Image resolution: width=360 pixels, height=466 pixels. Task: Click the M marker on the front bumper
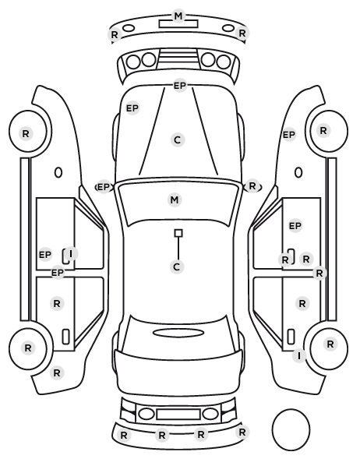(x=178, y=16)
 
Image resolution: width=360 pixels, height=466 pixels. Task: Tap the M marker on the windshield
(x=175, y=199)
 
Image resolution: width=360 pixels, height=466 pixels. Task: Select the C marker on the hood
(x=177, y=139)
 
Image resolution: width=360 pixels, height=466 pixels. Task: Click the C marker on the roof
(x=177, y=267)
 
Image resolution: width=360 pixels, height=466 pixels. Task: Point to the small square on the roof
(x=178, y=233)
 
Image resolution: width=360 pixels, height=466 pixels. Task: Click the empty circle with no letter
(x=291, y=429)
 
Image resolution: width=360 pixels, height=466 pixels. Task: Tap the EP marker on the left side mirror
(x=104, y=187)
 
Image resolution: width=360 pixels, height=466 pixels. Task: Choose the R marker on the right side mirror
(x=252, y=186)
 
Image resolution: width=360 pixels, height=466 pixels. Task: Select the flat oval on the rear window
(x=179, y=333)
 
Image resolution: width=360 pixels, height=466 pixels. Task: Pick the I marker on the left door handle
(x=71, y=254)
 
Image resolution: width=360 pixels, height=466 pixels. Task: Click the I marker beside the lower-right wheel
(x=299, y=355)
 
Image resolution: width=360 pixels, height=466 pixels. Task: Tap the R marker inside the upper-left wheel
(x=26, y=133)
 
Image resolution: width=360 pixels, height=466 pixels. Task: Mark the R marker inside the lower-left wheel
(x=28, y=348)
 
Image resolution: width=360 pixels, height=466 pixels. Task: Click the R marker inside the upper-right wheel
(x=323, y=130)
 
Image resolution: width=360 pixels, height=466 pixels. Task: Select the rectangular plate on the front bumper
(x=178, y=24)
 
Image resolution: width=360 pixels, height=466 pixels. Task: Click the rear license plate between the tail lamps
(x=178, y=415)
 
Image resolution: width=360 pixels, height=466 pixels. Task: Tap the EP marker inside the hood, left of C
(x=132, y=108)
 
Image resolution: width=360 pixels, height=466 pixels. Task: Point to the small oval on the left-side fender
(x=58, y=172)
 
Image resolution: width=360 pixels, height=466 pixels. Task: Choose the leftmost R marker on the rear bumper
(x=124, y=436)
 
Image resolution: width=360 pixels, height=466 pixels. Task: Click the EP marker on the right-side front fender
(x=288, y=135)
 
